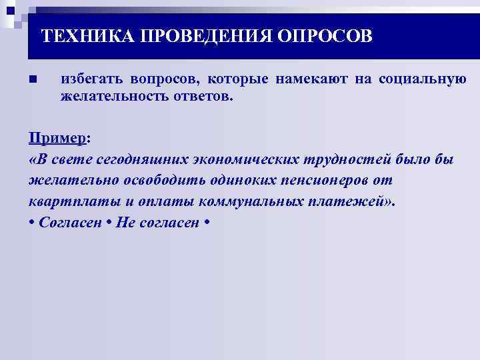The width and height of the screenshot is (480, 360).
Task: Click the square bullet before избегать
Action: [x=33, y=80]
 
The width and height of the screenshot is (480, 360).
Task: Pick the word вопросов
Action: [x=164, y=79]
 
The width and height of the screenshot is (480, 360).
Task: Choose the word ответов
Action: [x=206, y=97]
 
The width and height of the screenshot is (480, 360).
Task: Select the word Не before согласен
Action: [x=125, y=223]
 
